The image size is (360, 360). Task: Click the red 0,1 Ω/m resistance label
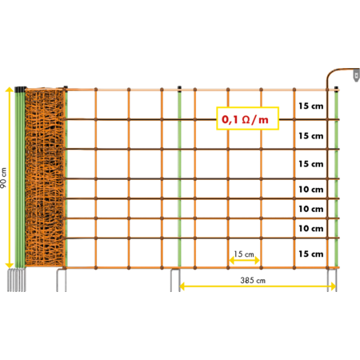pyautogui.click(x=245, y=120)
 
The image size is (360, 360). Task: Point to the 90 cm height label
pyautogui.click(x=3, y=178)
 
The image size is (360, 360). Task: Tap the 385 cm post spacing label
pyautogui.click(x=253, y=280)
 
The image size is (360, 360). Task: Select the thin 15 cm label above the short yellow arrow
pyautogui.click(x=244, y=254)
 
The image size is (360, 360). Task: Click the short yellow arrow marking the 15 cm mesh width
pyautogui.click(x=244, y=260)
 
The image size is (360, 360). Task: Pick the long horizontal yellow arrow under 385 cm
pyautogui.click(x=258, y=286)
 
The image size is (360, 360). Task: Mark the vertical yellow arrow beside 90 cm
pyautogui.click(x=10, y=178)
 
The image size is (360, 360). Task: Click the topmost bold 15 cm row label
pyautogui.click(x=311, y=106)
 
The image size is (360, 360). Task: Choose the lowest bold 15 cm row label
pyautogui.click(x=311, y=254)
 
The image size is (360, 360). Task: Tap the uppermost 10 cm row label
pyautogui.click(x=311, y=190)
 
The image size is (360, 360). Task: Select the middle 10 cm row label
pyautogui.click(x=311, y=209)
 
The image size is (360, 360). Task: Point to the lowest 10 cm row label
pyautogui.click(x=311, y=229)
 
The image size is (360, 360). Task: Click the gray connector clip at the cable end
pyautogui.click(x=356, y=75)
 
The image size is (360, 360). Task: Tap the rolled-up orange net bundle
pyautogui.click(x=45, y=178)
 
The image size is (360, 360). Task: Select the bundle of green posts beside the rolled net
pyautogui.click(x=20, y=178)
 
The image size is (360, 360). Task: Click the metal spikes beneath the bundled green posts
pyautogui.click(x=17, y=280)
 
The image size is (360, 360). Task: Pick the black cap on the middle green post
pyautogui.click(x=179, y=88)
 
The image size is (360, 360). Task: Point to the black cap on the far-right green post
pyautogui.click(x=336, y=88)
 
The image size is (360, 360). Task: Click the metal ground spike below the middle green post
pyautogui.click(x=175, y=280)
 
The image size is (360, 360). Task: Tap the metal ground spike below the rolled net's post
pyautogui.click(x=62, y=280)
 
